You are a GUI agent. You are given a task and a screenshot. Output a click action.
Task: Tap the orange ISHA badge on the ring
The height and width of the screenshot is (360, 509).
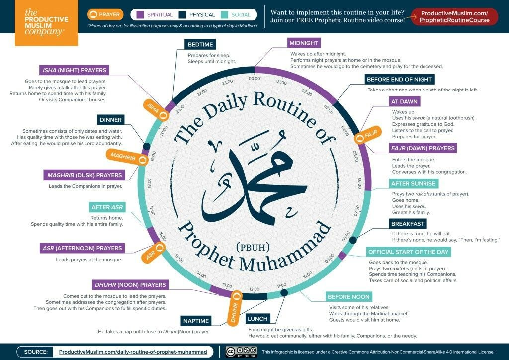coord(156,109)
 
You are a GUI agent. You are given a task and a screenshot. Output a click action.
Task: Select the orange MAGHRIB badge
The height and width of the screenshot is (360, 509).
coord(127,158)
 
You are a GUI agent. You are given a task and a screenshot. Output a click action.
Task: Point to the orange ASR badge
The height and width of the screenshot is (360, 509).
coord(155,251)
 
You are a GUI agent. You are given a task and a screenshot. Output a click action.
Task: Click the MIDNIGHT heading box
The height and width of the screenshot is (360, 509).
coord(305,43)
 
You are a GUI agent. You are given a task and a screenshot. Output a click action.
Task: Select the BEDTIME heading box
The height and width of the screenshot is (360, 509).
coord(200,44)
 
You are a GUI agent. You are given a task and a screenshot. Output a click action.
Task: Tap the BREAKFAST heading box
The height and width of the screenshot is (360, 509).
coord(408,224)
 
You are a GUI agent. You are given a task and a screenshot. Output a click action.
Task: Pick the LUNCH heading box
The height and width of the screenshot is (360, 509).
coord(257,318)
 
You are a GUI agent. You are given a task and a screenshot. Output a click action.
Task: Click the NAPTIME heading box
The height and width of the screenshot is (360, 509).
coord(196,321)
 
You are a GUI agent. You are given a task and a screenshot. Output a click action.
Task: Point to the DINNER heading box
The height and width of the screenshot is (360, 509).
coord(110,120)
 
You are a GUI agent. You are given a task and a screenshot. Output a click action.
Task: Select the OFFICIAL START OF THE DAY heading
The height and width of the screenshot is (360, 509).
coord(409,252)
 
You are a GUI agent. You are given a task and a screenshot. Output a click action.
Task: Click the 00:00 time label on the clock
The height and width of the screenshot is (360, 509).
coord(254,79)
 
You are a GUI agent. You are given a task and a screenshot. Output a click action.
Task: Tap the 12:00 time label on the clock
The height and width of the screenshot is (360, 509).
coord(254,288)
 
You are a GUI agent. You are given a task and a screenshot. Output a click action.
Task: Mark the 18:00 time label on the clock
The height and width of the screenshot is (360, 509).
coord(149,183)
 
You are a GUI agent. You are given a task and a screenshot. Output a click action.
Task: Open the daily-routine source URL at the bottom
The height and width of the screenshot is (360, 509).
coord(133,352)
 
